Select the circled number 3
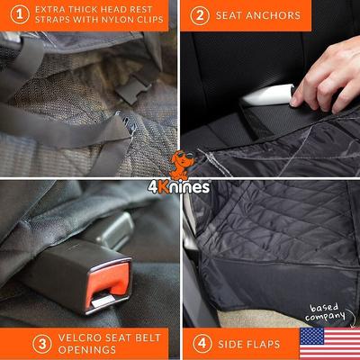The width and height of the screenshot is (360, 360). (x=16, y=343)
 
